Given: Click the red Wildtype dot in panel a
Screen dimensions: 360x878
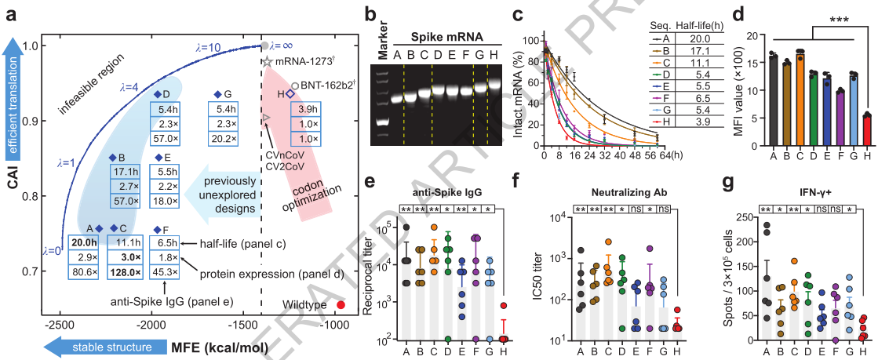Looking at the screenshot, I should pyautogui.click(x=341, y=304).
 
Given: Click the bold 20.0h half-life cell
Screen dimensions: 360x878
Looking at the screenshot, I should pyautogui.click(x=85, y=243).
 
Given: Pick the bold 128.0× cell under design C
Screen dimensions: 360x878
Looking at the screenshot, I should pyautogui.click(x=129, y=273).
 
